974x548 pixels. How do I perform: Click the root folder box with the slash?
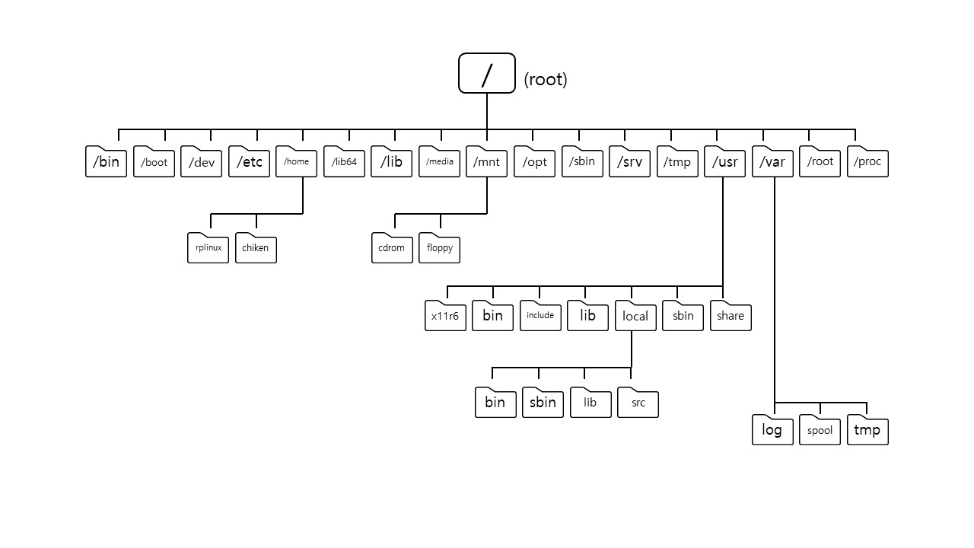coord(487,73)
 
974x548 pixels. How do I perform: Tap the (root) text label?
coord(546,79)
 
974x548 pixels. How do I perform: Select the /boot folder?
coord(154,162)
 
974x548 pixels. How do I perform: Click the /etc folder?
coord(249,162)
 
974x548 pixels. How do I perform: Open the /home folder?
coord(297,162)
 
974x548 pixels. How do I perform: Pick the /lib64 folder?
coord(344,162)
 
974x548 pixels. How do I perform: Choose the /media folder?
coord(439,162)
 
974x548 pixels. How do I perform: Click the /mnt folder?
coord(486,162)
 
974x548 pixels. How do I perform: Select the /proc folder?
coord(867,162)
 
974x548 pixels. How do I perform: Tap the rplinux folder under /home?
coord(208,248)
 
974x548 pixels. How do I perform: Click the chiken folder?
coord(256,248)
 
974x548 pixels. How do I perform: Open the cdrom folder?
coord(392,248)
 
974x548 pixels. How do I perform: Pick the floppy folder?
coord(439,248)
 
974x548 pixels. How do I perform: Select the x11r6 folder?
coord(445,316)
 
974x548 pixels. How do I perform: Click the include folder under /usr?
coord(540,316)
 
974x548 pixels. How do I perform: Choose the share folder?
coord(730,316)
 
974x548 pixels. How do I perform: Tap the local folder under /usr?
coord(635,316)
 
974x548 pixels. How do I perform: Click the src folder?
coord(638,403)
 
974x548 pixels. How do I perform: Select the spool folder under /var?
coord(820,431)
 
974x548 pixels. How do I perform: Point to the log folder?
coord(772,431)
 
